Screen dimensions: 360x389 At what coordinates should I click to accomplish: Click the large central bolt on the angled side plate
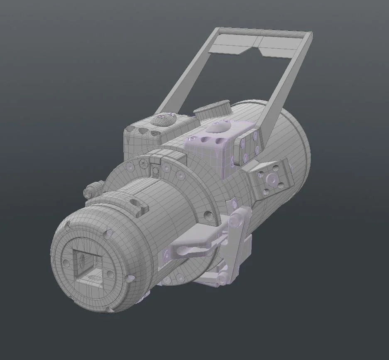click(272, 179)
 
